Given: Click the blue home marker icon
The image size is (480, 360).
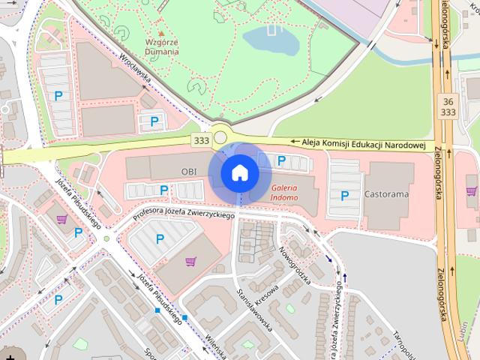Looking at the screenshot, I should [239, 173].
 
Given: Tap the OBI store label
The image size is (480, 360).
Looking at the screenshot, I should [188, 172].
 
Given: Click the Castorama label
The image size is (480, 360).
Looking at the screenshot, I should [386, 194].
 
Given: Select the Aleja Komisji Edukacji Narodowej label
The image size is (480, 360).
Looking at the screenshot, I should [364, 142].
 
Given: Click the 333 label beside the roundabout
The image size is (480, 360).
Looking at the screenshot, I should [200, 140].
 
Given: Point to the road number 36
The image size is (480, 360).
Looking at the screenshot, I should [448, 100].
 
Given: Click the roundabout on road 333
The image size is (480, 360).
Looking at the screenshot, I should [220, 136].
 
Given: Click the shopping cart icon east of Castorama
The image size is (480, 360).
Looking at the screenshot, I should [472, 190].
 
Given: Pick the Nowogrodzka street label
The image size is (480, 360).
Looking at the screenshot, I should [295, 267].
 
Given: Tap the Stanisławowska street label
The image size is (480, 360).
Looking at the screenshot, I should [253, 304].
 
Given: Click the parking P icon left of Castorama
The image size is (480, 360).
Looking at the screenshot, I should [345, 196].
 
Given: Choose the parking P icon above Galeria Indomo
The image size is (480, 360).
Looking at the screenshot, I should [281, 160].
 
